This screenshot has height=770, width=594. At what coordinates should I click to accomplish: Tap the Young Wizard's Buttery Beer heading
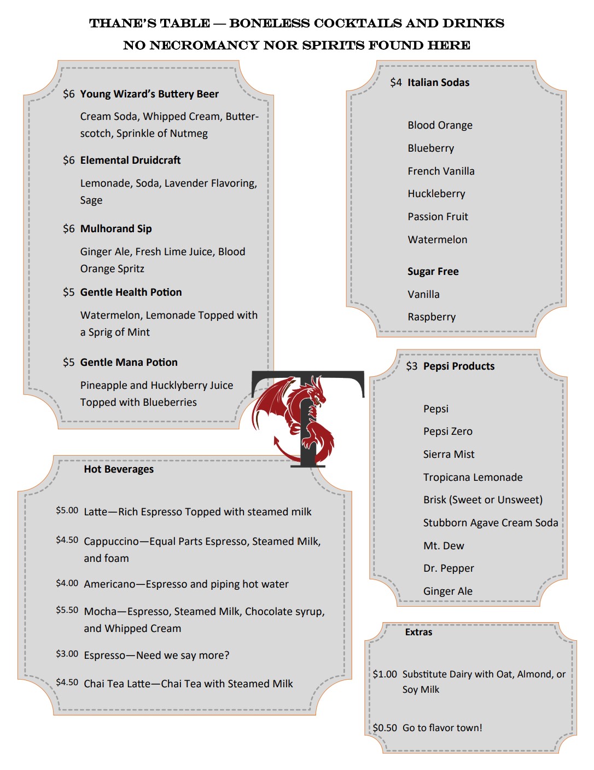pos(149,94)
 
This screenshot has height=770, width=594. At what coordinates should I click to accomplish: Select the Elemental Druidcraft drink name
pos(130,160)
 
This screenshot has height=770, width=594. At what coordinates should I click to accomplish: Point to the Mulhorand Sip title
pos(116,229)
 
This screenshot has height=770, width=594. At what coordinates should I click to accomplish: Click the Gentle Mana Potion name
pos(129,363)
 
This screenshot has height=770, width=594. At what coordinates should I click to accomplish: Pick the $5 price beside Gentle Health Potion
pos(68,292)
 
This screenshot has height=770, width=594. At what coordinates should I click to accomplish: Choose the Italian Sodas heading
pos(438,83)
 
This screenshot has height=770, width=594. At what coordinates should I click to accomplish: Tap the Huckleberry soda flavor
pos(436,194)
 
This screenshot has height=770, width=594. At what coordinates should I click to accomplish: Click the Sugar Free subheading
pos(433,272)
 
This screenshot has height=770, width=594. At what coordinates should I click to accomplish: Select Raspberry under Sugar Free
pos(431,317)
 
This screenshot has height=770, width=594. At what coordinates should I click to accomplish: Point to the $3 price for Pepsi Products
pos(411,366)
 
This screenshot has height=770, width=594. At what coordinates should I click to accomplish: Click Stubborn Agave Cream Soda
pos(490,523)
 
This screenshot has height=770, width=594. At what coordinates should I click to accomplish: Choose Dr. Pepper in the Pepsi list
pos(448,568)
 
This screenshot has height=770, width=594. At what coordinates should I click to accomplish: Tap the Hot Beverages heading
pos(119,469)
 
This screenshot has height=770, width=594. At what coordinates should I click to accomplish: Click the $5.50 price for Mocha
pos(67,610)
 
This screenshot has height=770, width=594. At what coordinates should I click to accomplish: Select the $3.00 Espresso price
pos(67,654)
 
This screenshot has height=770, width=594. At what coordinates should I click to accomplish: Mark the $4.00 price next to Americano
pos(67,583)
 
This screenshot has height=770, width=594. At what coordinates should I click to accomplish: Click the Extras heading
pos(418,632)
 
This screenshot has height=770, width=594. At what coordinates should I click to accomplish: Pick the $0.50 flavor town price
pos(385,728)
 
